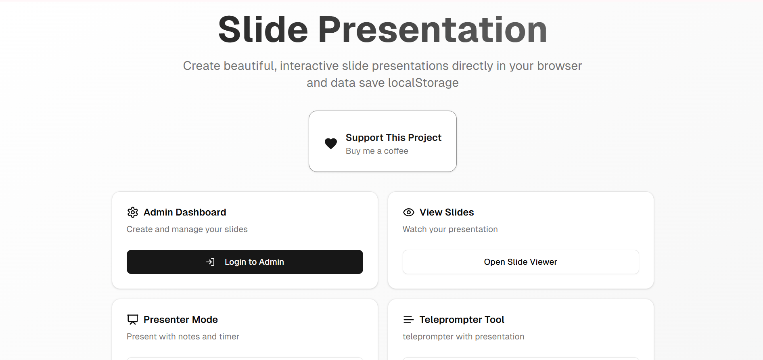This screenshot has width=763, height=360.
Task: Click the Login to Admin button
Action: click(x=245, y=262)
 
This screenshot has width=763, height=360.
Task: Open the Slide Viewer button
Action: click(x=521, y=262)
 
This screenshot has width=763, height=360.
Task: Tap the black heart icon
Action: click(x=331, y=143)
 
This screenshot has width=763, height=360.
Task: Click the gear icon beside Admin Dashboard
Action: click(x=133, y=212)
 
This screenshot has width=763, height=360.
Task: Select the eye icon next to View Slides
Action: click(x=409, y=212)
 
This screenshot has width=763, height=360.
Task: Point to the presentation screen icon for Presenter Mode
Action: click(x=133, y=320)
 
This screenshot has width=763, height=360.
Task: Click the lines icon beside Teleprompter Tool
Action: click(x=409, y=320)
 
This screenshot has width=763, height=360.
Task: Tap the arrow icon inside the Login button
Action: click(x=210, y=262)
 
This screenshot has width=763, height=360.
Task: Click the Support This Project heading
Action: click(x=393, y=138)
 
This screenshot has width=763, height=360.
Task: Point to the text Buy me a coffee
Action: click(x=377, y=151)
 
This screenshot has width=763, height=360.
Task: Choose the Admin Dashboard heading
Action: click(x=185, y=212)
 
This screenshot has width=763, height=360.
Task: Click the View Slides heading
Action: click(x=447, y=212)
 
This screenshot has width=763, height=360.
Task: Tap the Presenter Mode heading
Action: click(x=181, y=320)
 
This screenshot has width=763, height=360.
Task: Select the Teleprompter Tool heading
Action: click(x=462, y=320)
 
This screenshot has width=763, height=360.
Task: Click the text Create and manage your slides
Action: click(x=187, y=229)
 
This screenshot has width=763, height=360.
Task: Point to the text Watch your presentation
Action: click(x=450, y=229)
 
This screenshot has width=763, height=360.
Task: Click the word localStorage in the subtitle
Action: click(x=423, y=83)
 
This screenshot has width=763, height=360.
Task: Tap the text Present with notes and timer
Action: click(x=183, y=337)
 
